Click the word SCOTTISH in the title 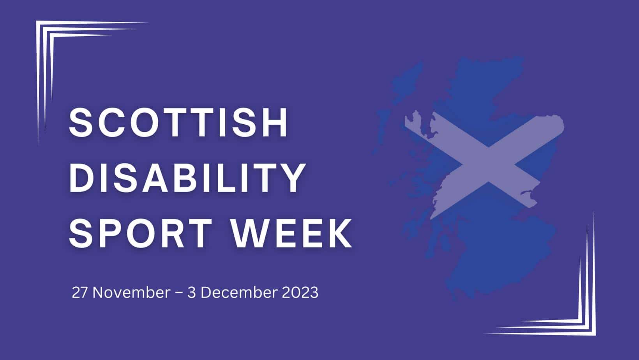click(x=178, y=122)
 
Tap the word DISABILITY click(x=187, y=178)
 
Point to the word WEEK click(x=291, y=234)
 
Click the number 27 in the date click(x=79, y=293)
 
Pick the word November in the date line click(x=132, y=293)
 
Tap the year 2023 click(x=300, y=293)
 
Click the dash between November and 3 click(x=179, y=293)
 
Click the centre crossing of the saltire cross click(x=488, y=164)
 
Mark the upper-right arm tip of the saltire click(x=561, y=124)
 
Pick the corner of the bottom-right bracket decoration click(x=595, y=334)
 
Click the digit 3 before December click(x=191, y=293)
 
